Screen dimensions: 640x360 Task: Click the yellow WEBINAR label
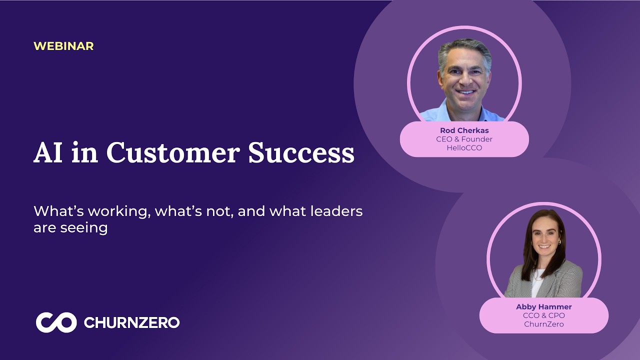click(x=63, y=46)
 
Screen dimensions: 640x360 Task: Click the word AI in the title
click(x=48, y=152)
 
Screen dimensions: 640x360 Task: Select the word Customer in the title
click(x=173, y=152)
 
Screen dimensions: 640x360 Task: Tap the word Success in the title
click(x=301, y=152)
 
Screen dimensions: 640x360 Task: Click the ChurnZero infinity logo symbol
click(x=56, y=322)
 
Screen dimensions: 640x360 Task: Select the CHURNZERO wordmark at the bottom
click(x=131, y=322)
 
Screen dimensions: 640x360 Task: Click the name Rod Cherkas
click(x=464, y=130)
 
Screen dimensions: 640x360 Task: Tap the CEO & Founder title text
click(x=464, y=139)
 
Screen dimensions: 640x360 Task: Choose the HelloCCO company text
click(x=464, y=147)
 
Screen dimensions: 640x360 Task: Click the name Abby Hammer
click(x=543, y=307)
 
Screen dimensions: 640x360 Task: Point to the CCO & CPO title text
click(x=543, y=315)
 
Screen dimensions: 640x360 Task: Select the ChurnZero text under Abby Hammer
click(x=543, y=324)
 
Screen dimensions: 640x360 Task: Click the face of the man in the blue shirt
click(x=465, y=79)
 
